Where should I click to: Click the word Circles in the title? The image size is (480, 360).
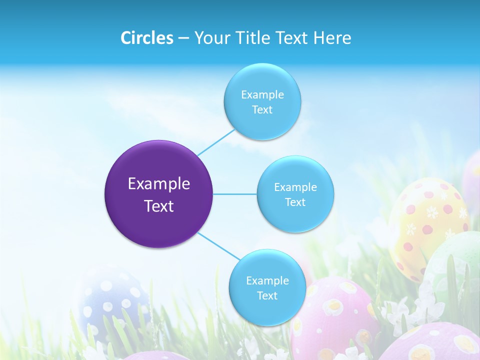pos(146,38)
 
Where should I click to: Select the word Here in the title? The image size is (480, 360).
pos(332,38)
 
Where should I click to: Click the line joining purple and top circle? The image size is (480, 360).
pos(216,142)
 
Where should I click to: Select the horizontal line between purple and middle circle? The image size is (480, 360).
pos(235,194)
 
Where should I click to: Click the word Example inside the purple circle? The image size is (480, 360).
pos(159,184)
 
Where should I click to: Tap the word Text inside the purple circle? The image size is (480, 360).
pos(159,206)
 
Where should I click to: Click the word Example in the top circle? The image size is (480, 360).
pos(262,95)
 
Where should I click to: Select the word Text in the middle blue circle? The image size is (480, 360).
pos(295,202)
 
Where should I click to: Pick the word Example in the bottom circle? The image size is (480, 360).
pos(267,280)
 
